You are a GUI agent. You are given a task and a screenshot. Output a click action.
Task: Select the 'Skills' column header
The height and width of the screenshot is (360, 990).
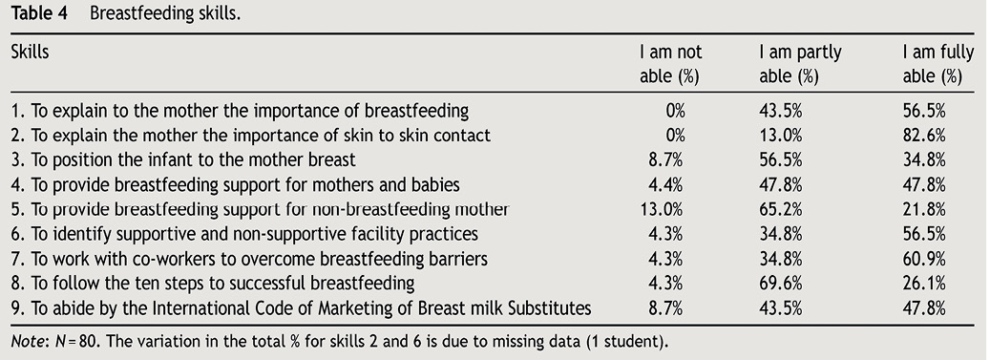point(30,52)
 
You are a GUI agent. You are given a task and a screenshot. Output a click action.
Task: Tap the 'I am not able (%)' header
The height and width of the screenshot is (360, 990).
point(670,64)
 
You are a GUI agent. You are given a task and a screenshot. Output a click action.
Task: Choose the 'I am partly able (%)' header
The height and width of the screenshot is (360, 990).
point(800,64)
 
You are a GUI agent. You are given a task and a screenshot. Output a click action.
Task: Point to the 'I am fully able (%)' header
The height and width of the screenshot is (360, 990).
point(937,64)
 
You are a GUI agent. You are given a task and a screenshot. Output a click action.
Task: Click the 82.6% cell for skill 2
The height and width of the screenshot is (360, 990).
point(924,136)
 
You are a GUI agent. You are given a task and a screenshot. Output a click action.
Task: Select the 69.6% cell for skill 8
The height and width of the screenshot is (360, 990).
point(780,283)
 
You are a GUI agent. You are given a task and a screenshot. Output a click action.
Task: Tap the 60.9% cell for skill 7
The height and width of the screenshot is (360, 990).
point(924,259)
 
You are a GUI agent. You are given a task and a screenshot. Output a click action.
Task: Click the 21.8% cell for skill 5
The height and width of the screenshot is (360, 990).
point(924,209)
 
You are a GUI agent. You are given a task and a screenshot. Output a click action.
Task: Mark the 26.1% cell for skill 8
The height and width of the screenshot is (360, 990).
point(924,283)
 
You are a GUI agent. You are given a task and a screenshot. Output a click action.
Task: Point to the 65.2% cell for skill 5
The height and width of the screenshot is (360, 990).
point(780,209)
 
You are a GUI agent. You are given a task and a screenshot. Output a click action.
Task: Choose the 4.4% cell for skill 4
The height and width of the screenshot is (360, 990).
point(665,184)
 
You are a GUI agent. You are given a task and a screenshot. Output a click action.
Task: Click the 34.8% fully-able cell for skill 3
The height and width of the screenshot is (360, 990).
point(924,159)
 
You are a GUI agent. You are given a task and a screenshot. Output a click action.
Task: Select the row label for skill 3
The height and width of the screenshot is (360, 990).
point(183,160)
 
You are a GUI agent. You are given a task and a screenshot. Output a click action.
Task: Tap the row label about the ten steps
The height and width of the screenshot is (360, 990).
point(213,284)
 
